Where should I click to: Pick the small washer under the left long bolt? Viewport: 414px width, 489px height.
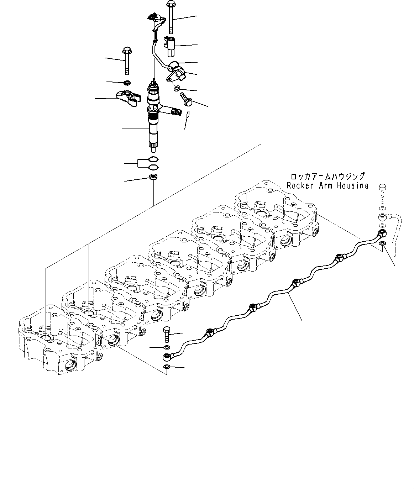click(x=126, y=83)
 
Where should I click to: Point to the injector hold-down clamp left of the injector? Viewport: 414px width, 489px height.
click(x=127, y=98)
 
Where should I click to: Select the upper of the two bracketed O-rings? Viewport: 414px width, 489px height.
click(x=153, y=159)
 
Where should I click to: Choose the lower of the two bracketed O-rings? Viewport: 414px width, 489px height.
click(x=153, y=167)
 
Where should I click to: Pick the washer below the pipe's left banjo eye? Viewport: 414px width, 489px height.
click(x=167, y=367)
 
